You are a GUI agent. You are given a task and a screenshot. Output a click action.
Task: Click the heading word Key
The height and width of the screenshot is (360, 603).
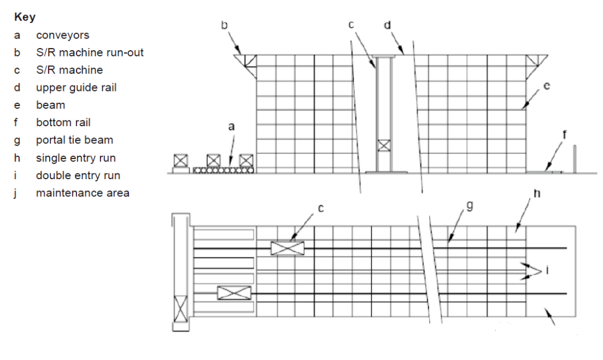25,17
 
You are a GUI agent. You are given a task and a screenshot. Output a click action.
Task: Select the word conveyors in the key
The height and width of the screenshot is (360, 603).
63,35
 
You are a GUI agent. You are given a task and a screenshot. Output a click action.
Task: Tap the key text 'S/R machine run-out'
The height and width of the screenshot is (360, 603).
89,52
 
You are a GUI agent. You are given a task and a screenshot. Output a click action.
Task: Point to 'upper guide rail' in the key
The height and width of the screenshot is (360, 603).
76,88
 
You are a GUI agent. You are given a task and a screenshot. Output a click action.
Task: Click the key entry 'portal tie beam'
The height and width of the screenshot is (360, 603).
75,140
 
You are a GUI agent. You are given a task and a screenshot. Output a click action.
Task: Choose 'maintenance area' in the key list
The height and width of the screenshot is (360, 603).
83,193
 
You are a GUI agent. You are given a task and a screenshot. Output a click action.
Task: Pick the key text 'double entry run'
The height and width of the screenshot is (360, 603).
78,175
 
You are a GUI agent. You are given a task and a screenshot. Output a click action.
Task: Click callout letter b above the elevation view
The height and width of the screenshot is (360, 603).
224,25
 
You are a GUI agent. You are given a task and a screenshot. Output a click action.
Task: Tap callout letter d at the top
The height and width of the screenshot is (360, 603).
387,25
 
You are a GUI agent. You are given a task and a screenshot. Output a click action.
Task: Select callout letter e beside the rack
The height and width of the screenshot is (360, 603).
547,86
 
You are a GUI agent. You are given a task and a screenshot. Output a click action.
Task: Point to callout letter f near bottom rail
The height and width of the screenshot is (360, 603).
564,135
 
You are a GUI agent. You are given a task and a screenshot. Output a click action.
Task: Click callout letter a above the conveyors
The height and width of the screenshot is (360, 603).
231,127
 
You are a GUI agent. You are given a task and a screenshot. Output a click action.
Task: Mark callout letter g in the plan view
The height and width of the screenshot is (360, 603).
470,206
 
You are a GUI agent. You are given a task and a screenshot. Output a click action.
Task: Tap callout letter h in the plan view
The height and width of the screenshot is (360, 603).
537,193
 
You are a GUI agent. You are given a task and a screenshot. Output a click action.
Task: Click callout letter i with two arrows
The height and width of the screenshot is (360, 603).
547,270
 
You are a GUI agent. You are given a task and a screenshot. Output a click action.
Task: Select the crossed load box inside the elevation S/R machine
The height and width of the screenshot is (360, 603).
384,145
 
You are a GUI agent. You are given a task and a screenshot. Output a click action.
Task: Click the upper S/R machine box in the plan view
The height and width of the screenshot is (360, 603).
288,248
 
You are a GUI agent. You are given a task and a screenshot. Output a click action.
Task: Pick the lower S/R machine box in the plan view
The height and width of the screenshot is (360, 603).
234,293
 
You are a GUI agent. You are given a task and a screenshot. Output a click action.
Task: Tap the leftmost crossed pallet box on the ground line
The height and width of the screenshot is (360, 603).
181,161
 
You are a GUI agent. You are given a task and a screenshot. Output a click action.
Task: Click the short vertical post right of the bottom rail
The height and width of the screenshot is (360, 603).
575,159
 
